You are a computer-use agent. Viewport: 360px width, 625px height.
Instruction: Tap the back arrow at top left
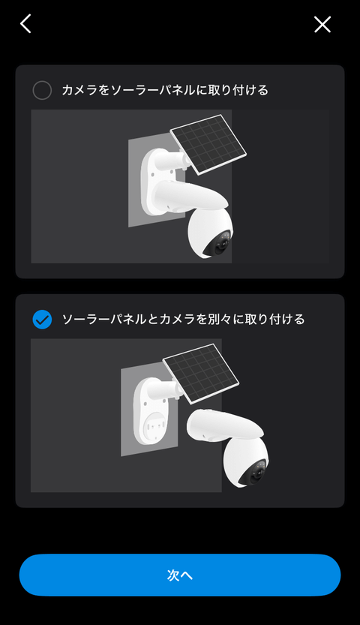coord(25,24)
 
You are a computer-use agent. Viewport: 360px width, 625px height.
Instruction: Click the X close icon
coord(322,25)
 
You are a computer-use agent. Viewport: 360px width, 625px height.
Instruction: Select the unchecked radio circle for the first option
coord(42,91)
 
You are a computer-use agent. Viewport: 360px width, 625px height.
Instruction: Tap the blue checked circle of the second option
coord(42,320)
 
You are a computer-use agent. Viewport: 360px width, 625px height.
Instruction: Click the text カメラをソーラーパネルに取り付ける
coord(165,91)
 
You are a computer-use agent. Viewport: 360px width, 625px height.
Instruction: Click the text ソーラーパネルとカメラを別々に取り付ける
coord(183,320)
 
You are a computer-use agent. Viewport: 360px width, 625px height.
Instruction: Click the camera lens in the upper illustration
coord(223,245)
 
